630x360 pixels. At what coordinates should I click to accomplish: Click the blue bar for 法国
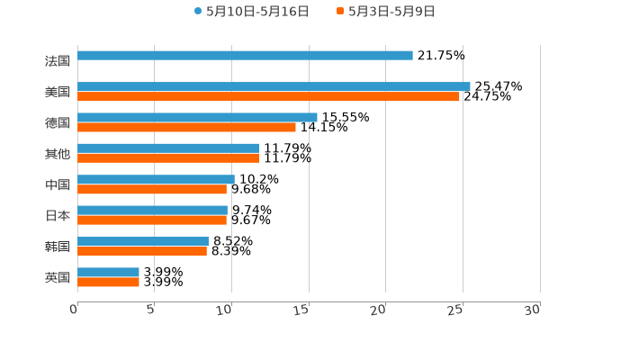coord(245,56)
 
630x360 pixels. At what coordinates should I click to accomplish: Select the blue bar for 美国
coord(274,86)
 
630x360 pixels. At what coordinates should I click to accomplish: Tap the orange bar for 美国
coord(268,96)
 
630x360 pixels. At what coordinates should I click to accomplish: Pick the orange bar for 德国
coord(186,127)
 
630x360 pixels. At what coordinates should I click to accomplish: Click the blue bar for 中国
coord(156,179)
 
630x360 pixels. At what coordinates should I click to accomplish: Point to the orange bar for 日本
coord(152,220)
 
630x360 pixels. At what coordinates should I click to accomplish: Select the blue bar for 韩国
coord(143,241)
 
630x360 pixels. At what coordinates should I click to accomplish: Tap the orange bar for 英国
coord(108,282)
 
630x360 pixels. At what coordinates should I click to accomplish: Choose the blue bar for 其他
coord(168,148)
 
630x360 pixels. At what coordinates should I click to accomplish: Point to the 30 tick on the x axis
coord(533,310)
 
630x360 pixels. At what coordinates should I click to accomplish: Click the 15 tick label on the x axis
coord(302,310)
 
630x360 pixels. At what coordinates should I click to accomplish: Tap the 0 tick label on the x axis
coord(75,310)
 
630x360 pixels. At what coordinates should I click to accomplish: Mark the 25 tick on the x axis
coord(456,310)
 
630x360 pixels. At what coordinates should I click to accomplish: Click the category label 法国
coord(57,61)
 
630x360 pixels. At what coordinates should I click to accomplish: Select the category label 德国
coord(57,122)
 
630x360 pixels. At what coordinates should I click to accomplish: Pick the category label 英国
coord(57,277)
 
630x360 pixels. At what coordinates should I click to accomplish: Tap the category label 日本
coord(57,215)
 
